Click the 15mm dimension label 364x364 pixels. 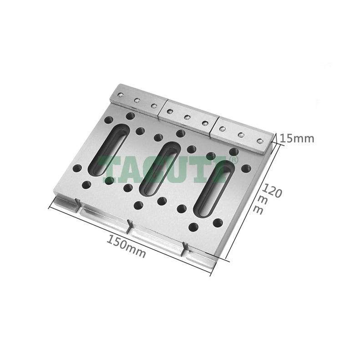pyautogui.click(x=297, y=139)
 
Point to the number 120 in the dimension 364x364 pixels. pyautogui.click(x=272, y=190)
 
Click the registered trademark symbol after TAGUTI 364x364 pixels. pyautogui.click(x=233, y=160)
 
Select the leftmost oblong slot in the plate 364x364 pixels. pyautogui.click(x=109, y=149)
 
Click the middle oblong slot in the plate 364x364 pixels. pyautogui.click(x=160, y=168)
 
